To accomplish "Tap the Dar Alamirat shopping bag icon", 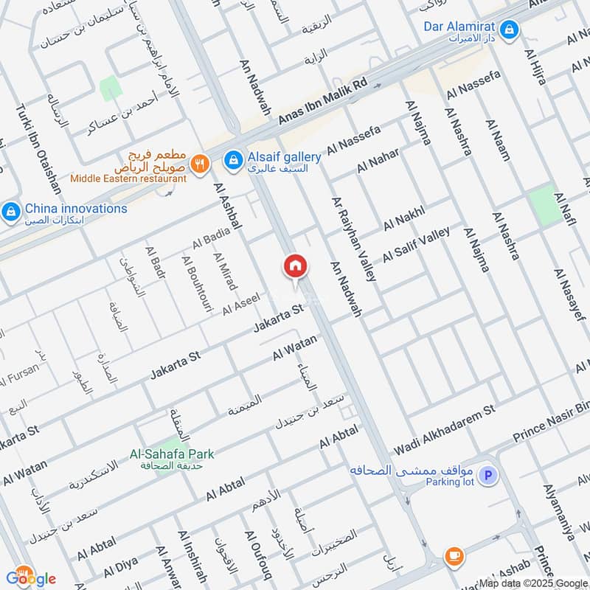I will tap(508, 30).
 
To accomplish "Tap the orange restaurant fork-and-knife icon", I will tap(198, 165).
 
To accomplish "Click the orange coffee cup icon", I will tap(452, 555).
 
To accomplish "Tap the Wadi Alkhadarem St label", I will tap(443, 428).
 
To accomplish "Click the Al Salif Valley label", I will tap(416, 245).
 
